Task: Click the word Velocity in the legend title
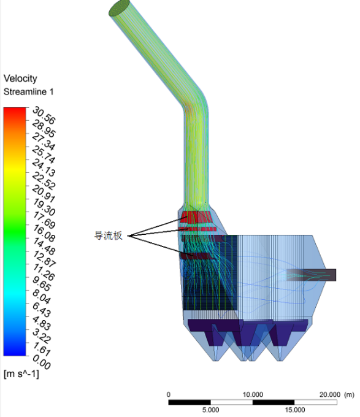pyautogui.click(x=20, y=78)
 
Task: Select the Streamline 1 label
pyautogui.click(x=28, y=92)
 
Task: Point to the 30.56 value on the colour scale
pyautogui.click(x=44, y=115)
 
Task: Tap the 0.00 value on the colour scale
pyautogui.click(x=42, y=362)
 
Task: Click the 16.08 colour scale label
pyautogui.click(x=44, y=233)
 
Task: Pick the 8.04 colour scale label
pyautogui.click(x=42, y=297)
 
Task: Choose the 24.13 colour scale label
pyautogui.click(x=44, y=168)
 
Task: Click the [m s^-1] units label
pyautogui.click(x=21, y=374)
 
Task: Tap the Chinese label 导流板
pyautogui.click(x=108, y=235)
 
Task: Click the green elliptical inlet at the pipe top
pyautogui.click(x=120, y=8)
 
